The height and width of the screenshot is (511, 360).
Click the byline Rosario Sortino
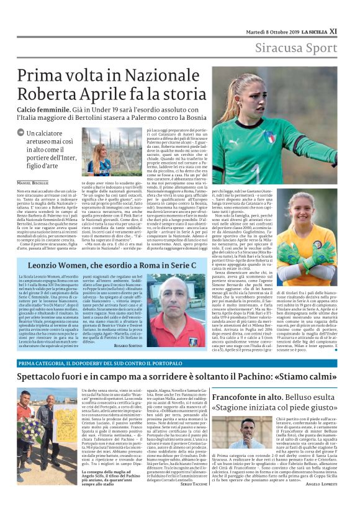pyautogui.click(x=183, y=345)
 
